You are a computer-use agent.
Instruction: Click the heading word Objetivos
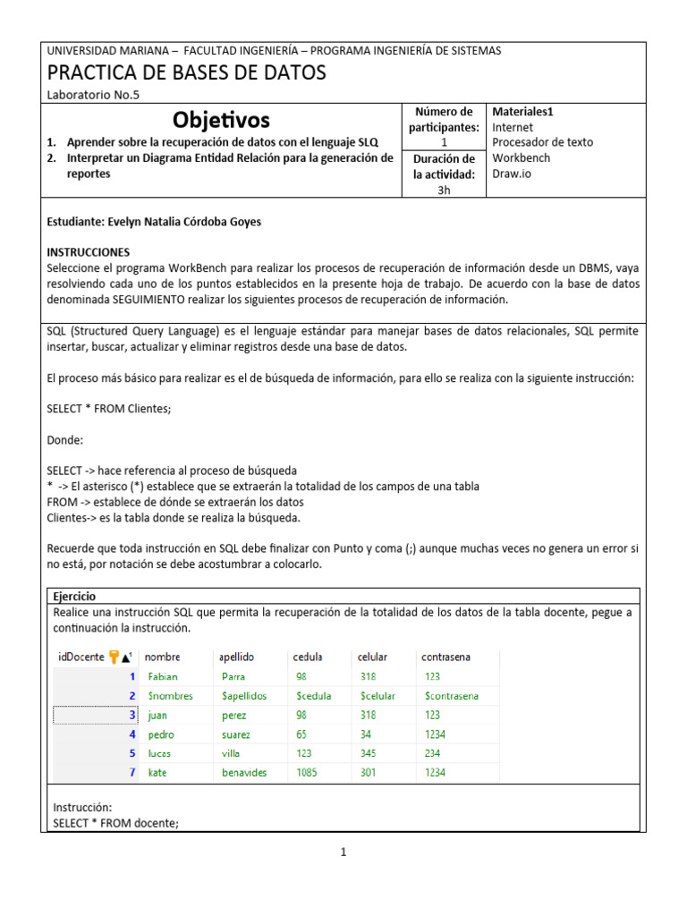click(x=221, y=120)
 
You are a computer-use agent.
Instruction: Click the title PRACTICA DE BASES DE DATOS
click(x=186, y=72)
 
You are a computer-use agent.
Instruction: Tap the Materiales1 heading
click(x=523, y=112)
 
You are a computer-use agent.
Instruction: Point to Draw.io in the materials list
click(x=512, y=174)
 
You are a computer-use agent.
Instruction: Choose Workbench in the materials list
click(x=522, y=157)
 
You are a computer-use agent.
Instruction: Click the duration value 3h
click(x=445, y=190)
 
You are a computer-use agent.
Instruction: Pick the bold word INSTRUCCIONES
click(x=89, y=252)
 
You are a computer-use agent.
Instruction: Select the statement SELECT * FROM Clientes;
click(x=108, y=409)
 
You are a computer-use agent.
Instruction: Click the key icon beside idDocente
click(x=114, y=657)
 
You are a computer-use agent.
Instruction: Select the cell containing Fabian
click(x=164, y=677)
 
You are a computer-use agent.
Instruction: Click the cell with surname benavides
click(x=244, y=773)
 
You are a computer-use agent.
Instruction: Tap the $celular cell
click(x=380, y=696)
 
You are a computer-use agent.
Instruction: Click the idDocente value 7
click(x=132, y=773)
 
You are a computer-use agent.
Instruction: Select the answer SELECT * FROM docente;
click(x=116, y=822)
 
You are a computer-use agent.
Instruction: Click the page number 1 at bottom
click(x=343, y=852)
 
